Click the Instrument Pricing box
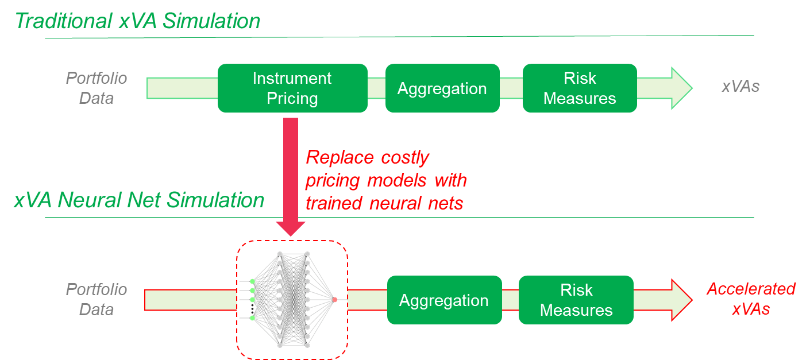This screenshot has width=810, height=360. tap(292, 88)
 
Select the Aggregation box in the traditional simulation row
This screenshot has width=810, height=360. tap(442, 88)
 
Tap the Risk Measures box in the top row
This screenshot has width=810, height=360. tap(579, 88)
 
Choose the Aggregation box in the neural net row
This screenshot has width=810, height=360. tap(444, 300)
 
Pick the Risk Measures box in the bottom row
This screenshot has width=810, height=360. tap(576, 300)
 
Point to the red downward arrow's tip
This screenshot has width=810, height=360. tap(291, 233)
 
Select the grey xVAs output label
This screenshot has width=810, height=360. tap(740, 87)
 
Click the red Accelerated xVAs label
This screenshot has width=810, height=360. tap(751, 299)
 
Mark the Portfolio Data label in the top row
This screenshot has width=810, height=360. tap(97, 88)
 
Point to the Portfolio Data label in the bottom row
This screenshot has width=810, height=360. tap(97, 299)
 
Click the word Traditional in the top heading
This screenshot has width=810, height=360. tap(63, 21)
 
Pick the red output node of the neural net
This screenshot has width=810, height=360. tap(334, 299)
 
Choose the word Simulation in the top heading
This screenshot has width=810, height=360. tap(213, 21)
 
